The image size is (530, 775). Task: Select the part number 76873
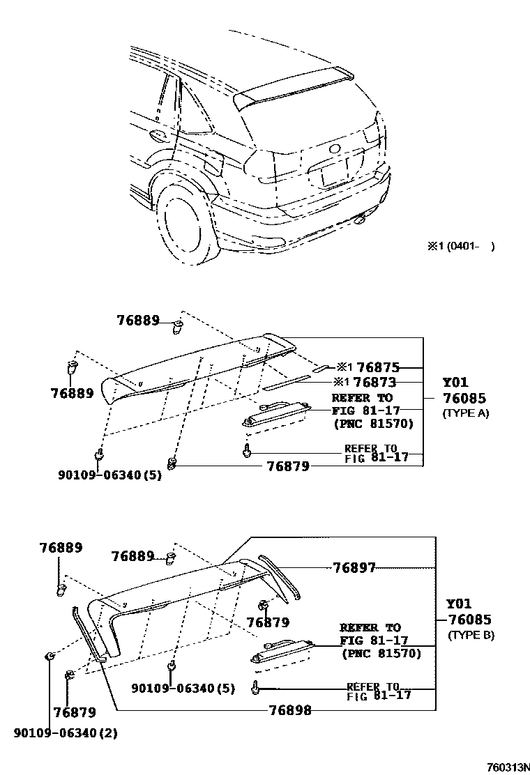click(x=374, y=382)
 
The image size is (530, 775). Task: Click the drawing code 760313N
click(x=503, y=767)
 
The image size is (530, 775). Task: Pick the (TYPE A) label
click(x=466, y=413)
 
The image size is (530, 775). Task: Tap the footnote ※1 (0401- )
click(x=461, y=246)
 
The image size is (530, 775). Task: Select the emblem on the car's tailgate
click(x=335, y=148)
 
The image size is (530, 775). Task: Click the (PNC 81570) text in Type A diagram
click(x=373, y=423)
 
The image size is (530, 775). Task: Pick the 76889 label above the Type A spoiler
click(x=138, y=320)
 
